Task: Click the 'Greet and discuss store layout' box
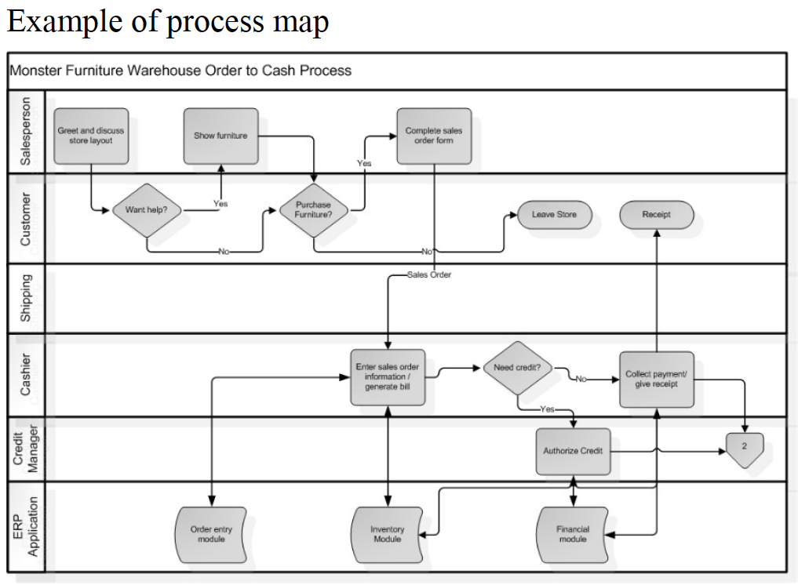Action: [91, 136]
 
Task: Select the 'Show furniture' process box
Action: [220, 136]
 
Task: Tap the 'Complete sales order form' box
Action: [434, 136]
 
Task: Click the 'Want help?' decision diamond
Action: [147, 210]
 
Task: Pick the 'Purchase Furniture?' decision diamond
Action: [313, 210]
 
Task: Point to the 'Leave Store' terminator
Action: [554, 215]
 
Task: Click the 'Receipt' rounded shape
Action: [656, 215]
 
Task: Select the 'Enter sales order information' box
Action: [388, 377]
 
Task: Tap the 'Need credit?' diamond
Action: [518, 368]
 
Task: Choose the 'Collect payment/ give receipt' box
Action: [656, 380]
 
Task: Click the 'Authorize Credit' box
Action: [573, 452]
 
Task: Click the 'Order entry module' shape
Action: [211, 534]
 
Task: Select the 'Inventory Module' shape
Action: [388, 534]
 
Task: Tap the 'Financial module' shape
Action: [573, 534]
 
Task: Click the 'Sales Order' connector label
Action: [429, 275]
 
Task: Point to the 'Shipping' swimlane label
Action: [26, 298]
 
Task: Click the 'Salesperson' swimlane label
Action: [26, 131]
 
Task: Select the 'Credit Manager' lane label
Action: [26, 449]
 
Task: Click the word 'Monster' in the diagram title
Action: [33, 71]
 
